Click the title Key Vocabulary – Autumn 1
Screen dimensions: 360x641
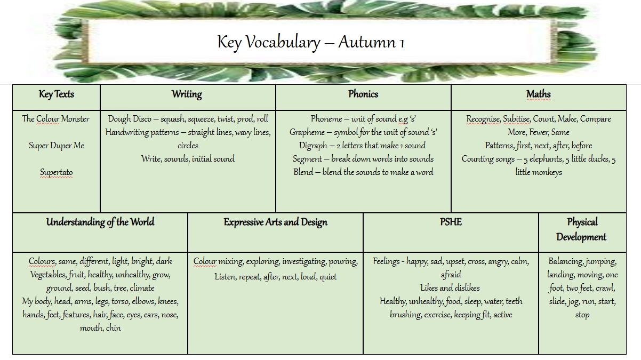click(311, 42)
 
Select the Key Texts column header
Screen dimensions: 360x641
click(56, 94)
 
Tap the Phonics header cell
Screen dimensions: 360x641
click(363, 94)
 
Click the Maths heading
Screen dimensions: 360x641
click(539, 94)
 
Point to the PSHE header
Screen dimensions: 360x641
click(451, 222)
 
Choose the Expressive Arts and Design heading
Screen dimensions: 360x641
click(275, 222)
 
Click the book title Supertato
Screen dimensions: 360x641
click(56, 172)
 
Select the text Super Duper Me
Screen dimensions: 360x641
click(56, 146)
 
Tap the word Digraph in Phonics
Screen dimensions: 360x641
click(313, 146)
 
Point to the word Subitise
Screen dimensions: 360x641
click(516, 119)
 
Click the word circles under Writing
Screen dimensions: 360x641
click(188, 146)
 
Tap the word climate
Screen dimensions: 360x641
click(142, 288)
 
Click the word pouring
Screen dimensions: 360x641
click(343, 261)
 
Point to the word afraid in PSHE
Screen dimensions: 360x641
click(451, 275)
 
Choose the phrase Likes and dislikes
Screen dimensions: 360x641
click(450, 288)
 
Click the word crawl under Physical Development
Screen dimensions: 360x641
click(605, 288)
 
